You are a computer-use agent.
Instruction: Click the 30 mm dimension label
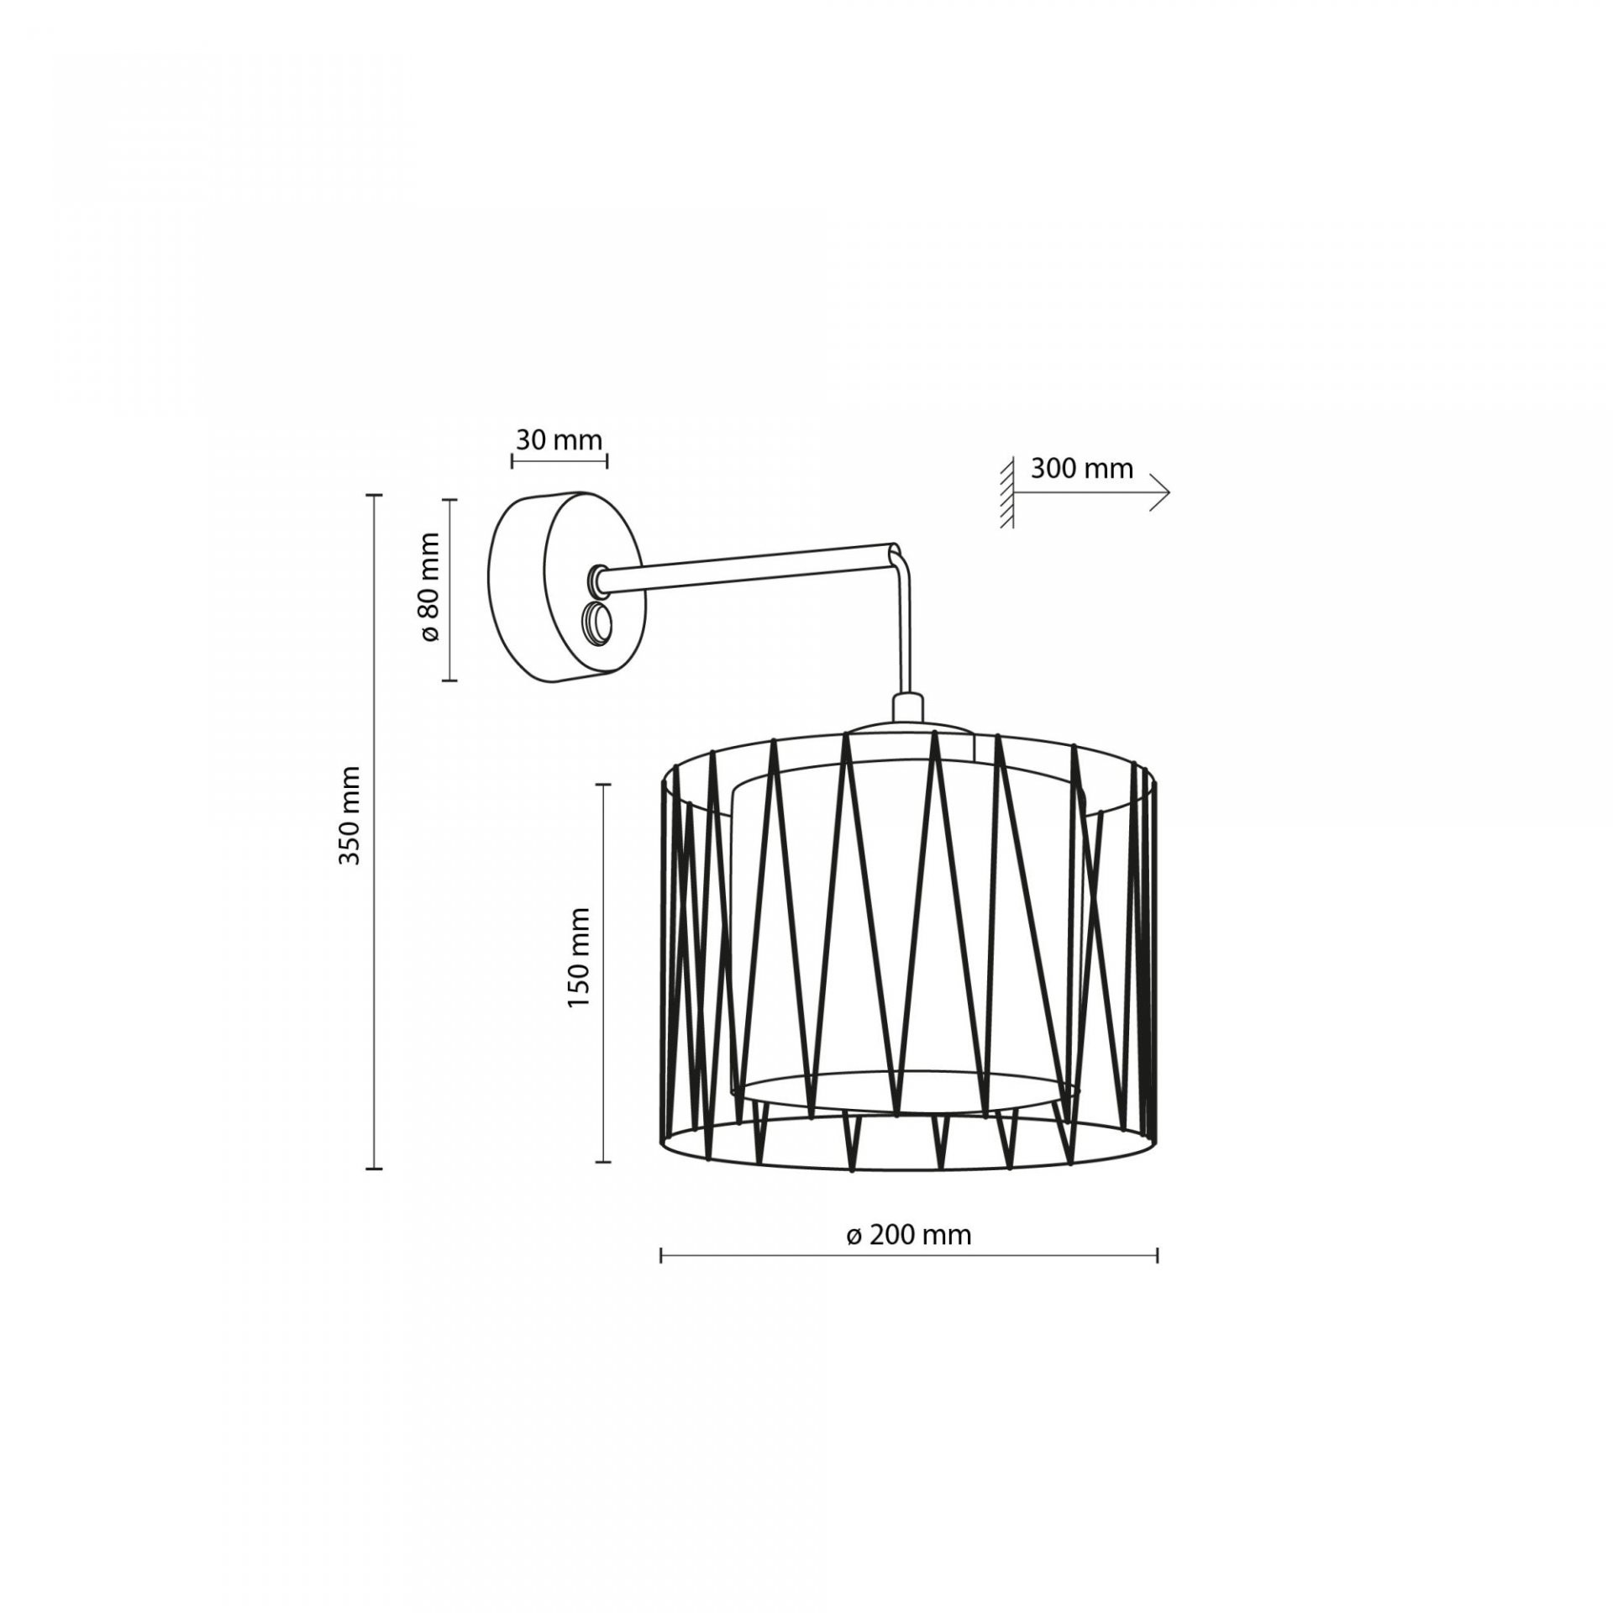[559, 439]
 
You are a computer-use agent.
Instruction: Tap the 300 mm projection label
[1082, 468]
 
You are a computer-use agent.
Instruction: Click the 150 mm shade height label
[579, 957]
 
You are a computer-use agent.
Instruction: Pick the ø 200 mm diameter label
[909, 1258]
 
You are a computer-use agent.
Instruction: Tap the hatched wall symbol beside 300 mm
[1006, 492]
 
